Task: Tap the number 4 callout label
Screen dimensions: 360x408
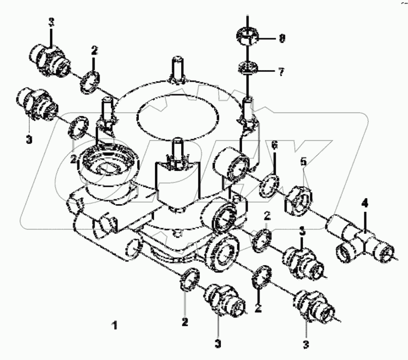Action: coord(365,204)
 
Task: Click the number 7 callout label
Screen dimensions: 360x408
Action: coord(281,71)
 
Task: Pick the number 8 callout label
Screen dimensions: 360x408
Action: coord(282,39)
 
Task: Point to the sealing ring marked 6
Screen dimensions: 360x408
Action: coord(270,184)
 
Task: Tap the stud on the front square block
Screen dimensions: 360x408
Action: coord(176,148)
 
